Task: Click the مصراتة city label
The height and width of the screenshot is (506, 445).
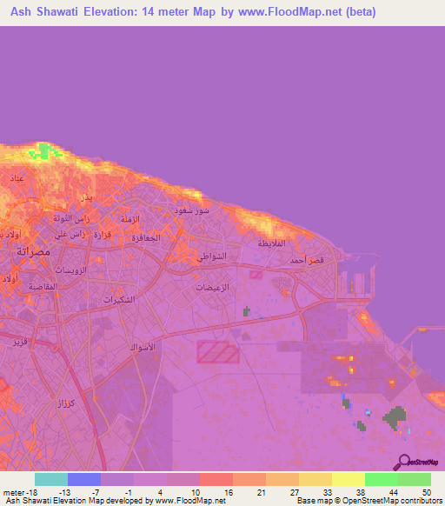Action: click(x=36, y=250)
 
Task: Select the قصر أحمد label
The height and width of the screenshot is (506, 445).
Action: click(x=309, y=260)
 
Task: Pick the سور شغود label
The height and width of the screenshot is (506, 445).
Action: click(x=189, y=210)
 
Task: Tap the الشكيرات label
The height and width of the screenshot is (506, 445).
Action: click(x=122, y=300)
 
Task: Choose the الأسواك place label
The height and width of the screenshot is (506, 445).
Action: click(x=143, y=348)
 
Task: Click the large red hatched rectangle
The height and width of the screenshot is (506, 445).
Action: click(x=217, y=352)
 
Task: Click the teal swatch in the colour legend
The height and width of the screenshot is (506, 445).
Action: click(x=50, y=478)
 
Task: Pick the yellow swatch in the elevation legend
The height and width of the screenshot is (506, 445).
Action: click(x=348, y=478)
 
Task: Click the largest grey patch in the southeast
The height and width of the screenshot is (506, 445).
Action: click(x=396, y=418)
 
